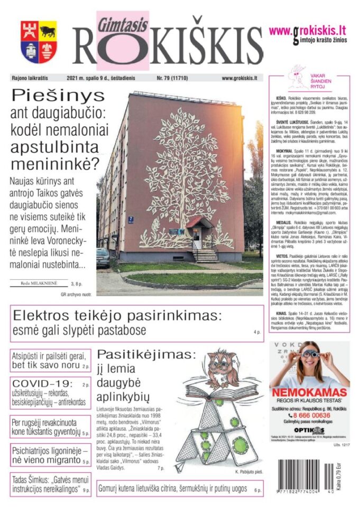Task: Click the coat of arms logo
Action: (x=39, y=42)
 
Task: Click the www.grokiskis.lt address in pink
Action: (x=308, y=30)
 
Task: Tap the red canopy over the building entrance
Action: (x=199, y=221)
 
